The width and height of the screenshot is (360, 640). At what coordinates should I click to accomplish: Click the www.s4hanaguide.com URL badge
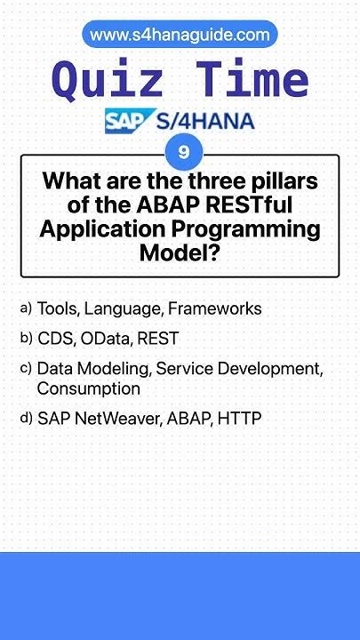click(x=180, y=35)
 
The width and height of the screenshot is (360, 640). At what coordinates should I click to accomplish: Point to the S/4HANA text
click(x=206, y=121)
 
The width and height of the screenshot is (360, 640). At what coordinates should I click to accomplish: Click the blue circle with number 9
click(x=184, y=152)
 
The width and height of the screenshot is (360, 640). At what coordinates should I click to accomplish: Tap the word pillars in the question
click(x=284, y=182)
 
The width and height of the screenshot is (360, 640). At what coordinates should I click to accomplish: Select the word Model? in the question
click(x=180, y=253)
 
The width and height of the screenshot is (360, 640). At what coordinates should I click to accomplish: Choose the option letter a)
click(x=26, y=308)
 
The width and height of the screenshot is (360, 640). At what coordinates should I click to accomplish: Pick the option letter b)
click(x=26, y=339)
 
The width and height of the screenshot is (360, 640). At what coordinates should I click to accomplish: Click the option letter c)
click(x=26, y=368)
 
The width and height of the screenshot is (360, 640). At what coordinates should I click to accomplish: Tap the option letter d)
click(x=26, y=418)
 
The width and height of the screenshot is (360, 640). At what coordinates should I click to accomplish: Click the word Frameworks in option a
click(x=215, y=309)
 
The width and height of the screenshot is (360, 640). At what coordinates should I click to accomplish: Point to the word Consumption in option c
click(x=88, y=388)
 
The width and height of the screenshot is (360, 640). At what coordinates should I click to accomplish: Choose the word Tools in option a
click(x=57, y=309)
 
